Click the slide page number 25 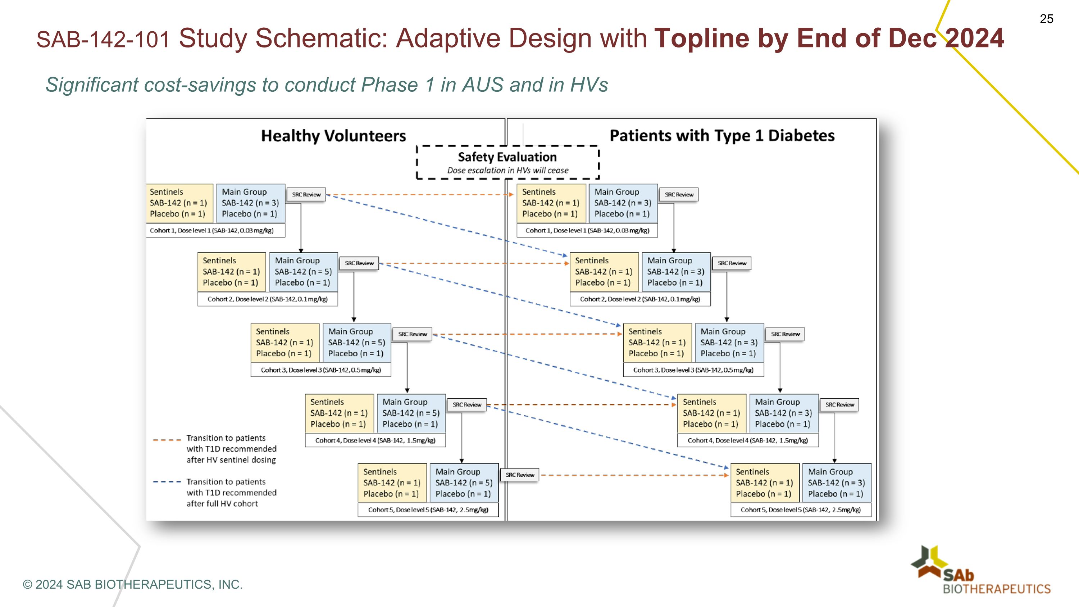(x=1046, y=19)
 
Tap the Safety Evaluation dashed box (x=507, y=163)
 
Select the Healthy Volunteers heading (x=333, y=136)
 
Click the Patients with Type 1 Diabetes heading (x=722, y=136)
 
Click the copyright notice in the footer (x=133, y=584)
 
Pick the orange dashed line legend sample (x=167, y=440)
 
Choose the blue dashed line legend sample (x=167, y=482)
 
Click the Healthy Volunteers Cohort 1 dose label (x=211, y=230)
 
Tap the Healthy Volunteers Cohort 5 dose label (x=428, y=510)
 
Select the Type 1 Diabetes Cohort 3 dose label (x=693, y=370)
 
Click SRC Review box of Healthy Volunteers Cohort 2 (x=359, y=263)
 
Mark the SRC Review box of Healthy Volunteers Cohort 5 (x=519, y=475)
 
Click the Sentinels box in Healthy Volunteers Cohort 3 (x=285, y=342)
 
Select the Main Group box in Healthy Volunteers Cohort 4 (x=410, y=413)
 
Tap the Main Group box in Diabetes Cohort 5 (x=836, y=483)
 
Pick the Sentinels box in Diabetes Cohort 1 (x=551, y=203)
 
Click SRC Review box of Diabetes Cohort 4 (x=839, y=405)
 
